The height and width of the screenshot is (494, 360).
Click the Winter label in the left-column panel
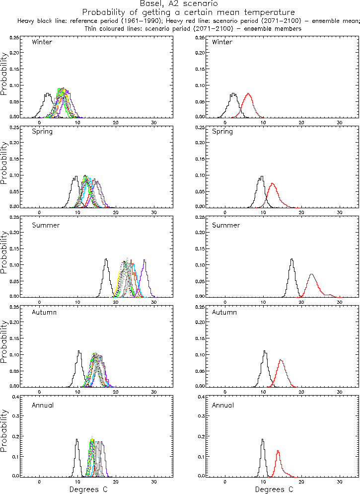(x=42, y=42)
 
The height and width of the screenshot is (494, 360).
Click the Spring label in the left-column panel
(x=42, y=132)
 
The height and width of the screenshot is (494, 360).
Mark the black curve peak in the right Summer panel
(x=291, y=259)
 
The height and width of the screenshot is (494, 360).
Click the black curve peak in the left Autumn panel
(x=79, y=351)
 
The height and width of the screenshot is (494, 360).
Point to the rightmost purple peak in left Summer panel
(x=144, y=260)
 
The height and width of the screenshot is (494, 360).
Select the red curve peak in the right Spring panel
(x=272, y=184)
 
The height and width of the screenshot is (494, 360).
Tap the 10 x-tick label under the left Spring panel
(x=77, y=213)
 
